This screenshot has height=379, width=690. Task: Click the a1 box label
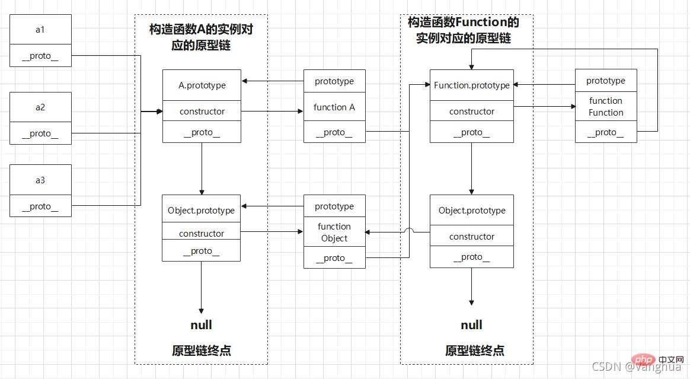point(40,30)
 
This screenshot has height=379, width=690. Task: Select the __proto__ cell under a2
point(40,133)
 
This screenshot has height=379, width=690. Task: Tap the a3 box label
point(40,180)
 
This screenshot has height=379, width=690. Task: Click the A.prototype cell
point(202,85)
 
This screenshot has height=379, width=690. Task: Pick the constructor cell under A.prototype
point(202,112)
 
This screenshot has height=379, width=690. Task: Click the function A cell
point(334,107)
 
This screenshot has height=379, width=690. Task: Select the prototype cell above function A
point(334,81)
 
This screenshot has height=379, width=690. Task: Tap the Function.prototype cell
point(472,85)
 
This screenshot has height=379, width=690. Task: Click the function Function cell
point(606,107)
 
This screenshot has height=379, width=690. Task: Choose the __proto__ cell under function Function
point(606,133)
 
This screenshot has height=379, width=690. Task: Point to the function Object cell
point(334,233)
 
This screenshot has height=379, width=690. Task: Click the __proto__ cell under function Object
point(334,258)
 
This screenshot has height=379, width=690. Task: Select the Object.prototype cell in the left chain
point(201,211)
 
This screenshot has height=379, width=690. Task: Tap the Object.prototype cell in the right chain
point(472,211)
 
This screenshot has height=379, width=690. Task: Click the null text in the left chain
point(201,325)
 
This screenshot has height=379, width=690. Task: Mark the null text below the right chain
point(472,325)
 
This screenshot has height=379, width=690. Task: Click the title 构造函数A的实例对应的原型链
point(201,37)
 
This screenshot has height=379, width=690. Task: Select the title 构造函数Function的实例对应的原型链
point(464,30)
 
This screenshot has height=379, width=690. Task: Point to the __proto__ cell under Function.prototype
point(472,133)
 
